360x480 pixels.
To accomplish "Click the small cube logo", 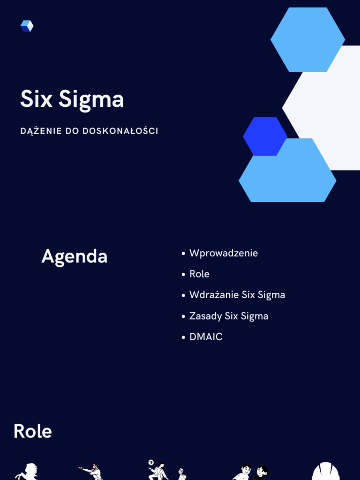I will point(27,26).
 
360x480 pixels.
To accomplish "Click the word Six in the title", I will point(36,99).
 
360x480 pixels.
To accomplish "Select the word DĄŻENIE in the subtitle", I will point(41,131).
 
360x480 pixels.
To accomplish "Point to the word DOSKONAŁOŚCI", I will point(120,131).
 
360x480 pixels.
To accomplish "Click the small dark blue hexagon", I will point(265,136).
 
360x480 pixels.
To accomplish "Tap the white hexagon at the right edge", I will point(328,108).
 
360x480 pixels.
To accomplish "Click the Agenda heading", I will point(75,256).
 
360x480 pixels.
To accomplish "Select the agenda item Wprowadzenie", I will point(224,253).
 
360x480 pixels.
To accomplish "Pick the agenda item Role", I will point(199,274).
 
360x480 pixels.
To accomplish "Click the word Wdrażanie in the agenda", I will point(214,295).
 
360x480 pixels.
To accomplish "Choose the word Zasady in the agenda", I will point(205,316).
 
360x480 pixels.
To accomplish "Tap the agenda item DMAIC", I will point(206,337).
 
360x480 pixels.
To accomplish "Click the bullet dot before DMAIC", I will point(183,337).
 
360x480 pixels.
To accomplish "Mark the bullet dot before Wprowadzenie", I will point(183,254).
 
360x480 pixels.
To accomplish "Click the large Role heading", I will point(33,431).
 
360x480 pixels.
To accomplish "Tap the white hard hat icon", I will point(326,471).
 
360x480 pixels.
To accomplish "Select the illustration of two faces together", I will point(251,472).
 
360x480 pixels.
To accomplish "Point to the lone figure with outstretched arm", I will point(92,472).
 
